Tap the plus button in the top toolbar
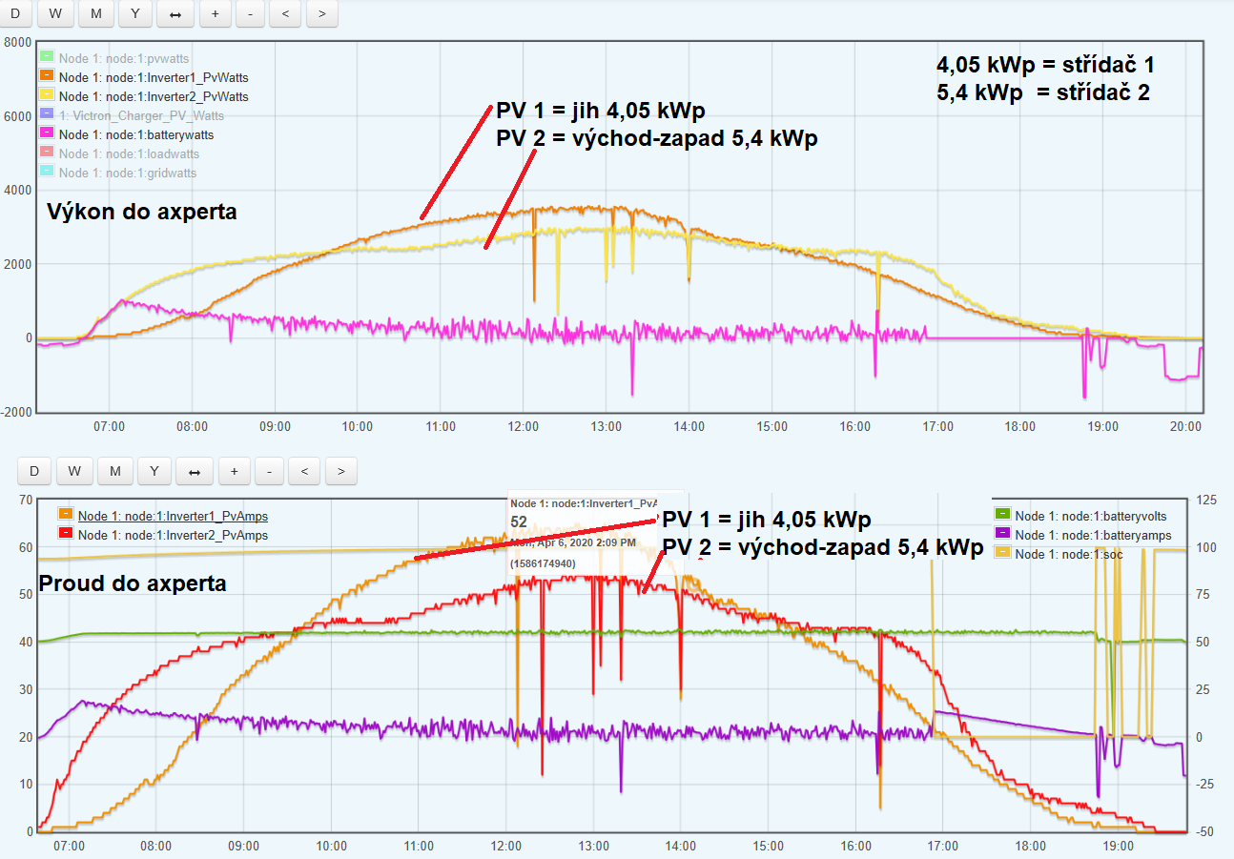(x=216, y=13)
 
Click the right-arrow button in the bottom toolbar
(x=340, y=470)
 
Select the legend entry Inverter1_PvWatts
(x=153, y=77)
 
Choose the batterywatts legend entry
(x=135, y=134)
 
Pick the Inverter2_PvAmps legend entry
(x=173, y=535)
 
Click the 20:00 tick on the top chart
(x=1186, y=427)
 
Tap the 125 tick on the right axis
(x=1205, y=501)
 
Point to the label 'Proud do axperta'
(x=132, y=583)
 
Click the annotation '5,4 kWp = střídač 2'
(x=1045, y=92)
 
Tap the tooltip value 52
(x=519, y=522)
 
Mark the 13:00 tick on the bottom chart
(x=593, y=846)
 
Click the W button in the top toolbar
(x=56, y=13)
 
